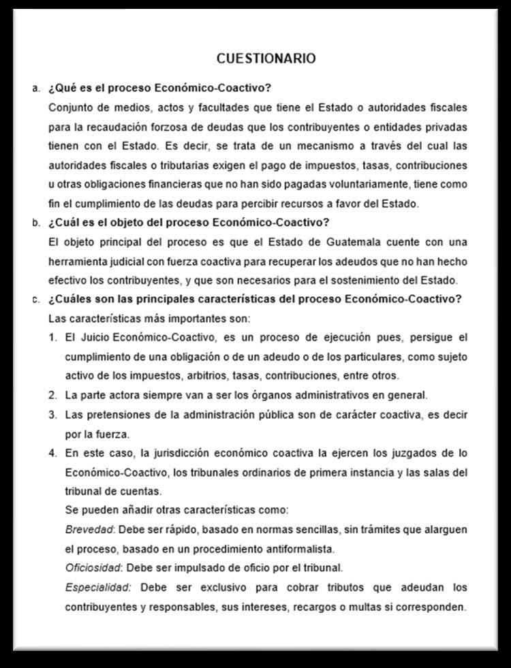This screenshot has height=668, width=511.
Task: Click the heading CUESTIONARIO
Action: (x=266, y=59)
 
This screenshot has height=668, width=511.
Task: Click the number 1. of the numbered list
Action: (x=52, y=338)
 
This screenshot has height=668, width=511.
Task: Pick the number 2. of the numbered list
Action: (x=52, y=395)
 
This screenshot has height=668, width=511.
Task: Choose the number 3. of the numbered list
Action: (x=52, y=414)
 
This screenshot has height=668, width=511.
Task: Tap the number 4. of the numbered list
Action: (x=52, y=453)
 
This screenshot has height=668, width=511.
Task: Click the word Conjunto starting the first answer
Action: (x=72, y=108)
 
